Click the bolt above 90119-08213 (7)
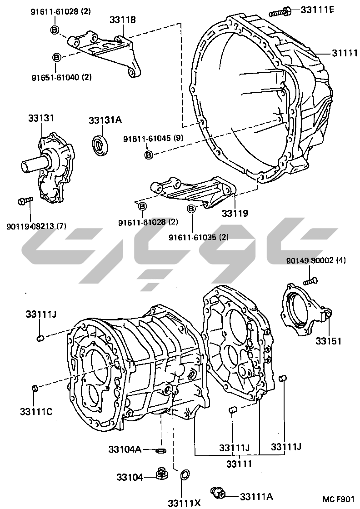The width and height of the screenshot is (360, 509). tap(25, 200)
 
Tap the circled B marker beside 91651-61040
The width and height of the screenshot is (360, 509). tap(56, 57)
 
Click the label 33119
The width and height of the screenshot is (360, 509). tap(235, 212)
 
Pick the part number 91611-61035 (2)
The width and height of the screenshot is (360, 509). tap(198, 237)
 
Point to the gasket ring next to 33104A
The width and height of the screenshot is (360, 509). tap(160, 451)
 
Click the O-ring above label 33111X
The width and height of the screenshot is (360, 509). tap(185, 475)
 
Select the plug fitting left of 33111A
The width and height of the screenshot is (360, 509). tap(218, 492)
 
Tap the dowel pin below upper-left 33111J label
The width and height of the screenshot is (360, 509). tap(40, 337)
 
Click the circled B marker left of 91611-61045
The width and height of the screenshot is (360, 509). tap(149, 155)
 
